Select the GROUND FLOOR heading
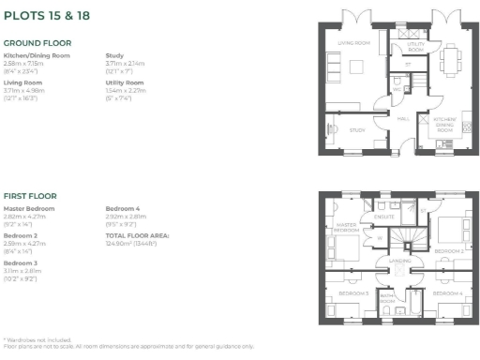click(37, 43)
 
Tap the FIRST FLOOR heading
click(30, 196)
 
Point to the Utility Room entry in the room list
click(124, 82)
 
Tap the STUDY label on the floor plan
click(356, 130)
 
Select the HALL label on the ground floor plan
click(403, 119)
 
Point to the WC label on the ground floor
click(397, 91)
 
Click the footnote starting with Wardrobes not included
click(43, 338)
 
